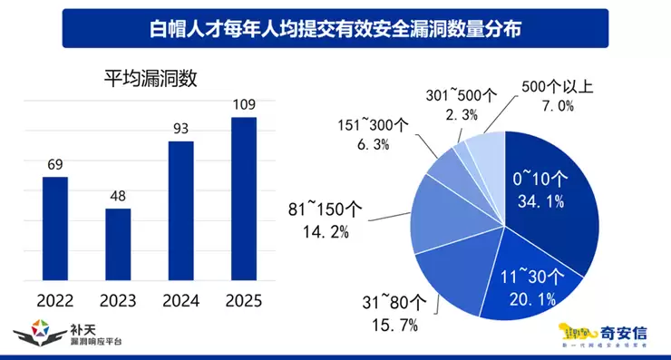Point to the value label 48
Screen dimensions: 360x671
point(118,196)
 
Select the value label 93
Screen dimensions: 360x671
point(181,129)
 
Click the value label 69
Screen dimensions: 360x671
point(55,164)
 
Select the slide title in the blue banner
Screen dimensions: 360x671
point(335,28)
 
